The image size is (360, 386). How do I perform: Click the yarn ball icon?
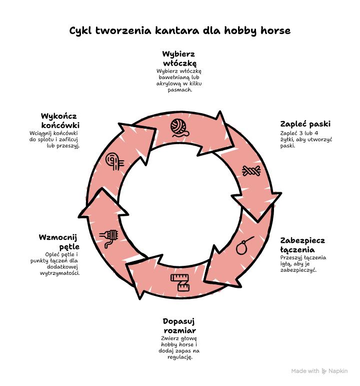pos(180,128)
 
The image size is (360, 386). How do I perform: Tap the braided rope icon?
pos(251,171)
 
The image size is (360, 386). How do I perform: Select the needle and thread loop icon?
pos(244,245)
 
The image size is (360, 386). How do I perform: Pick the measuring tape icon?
pos(180,282)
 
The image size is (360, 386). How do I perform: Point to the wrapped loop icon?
pos(109,238)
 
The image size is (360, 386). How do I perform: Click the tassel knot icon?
pos(114,161)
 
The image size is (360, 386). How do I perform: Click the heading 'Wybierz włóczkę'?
pos(179,59)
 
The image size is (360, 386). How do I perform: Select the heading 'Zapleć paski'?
pos(305,124)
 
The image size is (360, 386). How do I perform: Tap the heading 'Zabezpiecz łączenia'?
pos(302,245)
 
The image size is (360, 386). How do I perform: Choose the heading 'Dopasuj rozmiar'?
pos(179,326)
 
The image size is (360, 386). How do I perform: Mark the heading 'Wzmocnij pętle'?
pos(59,242)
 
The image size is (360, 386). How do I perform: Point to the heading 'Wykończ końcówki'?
pos(60,120)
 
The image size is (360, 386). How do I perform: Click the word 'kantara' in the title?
pos(177,31)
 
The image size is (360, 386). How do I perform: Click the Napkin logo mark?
pos(324,371)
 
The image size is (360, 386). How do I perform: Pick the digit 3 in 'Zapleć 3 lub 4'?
pos(300,133)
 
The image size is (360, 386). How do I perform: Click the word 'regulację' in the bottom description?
pos(180,357)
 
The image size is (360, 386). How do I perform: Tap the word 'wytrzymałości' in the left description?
pos(60,273)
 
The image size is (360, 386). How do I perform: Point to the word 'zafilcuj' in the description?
pos(68,139)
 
